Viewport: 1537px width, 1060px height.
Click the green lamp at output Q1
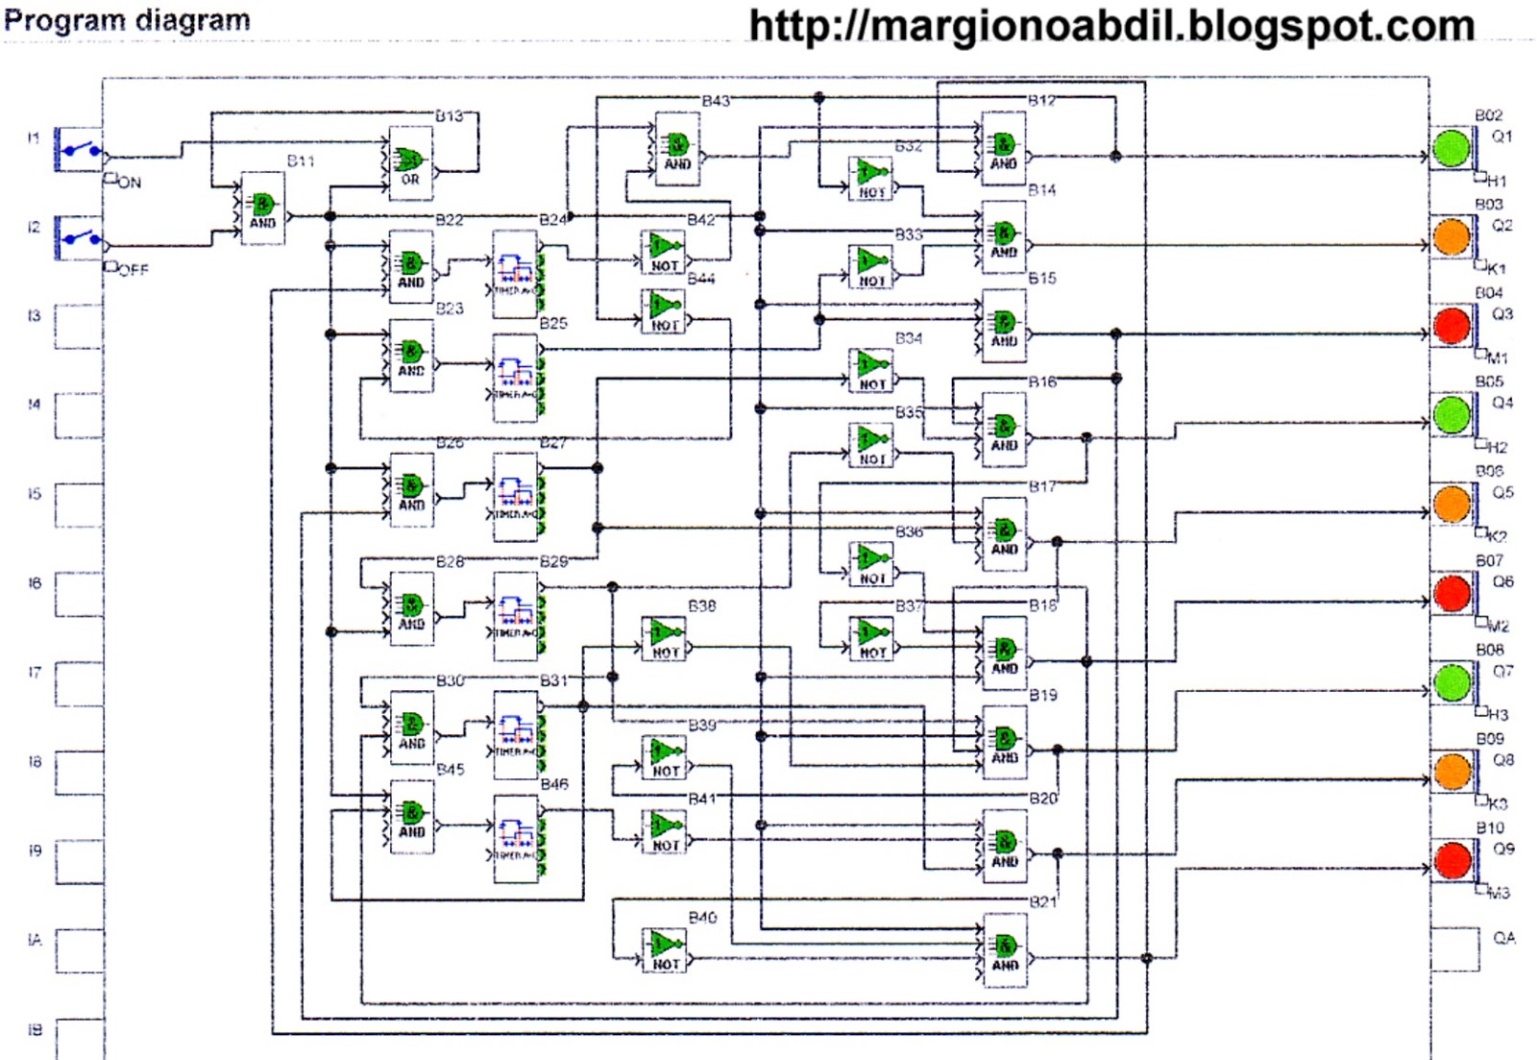pyautogui.click(x=1451, y=149)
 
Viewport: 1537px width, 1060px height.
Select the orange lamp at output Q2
pyautogui.click(x=1451, y=237)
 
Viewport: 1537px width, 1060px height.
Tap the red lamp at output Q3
pyautogui.click(x=1451, y=326)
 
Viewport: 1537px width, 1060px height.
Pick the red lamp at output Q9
pyautogui.click(x=1452, y=860)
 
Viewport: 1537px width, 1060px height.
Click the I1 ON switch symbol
pyautogui.click(x=81, y=150)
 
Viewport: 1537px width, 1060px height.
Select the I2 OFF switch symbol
pyautogui.click(x=81, y=237)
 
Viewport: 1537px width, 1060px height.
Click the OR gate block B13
pyautogui.click(x=410, y=163)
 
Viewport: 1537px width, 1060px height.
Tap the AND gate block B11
pyautogui.click(x=262, y=209)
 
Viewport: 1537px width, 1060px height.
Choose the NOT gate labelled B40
pyautogui.click(x=665, y=949)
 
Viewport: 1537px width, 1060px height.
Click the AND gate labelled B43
pyautogui.click(x=677, y=149)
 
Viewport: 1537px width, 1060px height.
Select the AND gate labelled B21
pyautogui.click(x=1005, y=950)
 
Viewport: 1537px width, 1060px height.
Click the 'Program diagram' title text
pyautogui.click(x=127, y=20)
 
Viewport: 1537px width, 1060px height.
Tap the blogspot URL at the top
pyautogui.click(x=1111, y=26)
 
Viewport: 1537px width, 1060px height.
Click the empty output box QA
pyautogui.click(x=1454, y=949)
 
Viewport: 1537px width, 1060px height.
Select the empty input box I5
pyautogui.click(x=79, y=505)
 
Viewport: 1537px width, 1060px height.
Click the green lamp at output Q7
pyautogui.click(x=1452, y=682)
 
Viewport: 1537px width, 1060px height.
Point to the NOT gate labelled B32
pyautogui.click(x=871, y=178)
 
